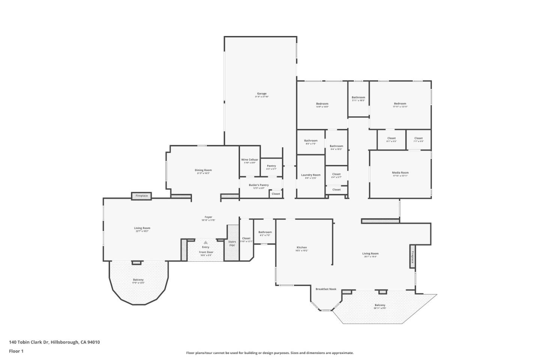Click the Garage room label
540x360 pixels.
261,94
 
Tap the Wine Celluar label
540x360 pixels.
249,160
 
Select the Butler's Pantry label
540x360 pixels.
259,185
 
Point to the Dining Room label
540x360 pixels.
203,170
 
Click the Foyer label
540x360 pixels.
208,217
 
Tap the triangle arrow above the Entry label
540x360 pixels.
205,243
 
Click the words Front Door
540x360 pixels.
206,252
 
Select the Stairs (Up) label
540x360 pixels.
232,243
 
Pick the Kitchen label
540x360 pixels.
301,247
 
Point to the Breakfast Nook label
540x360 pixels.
326,289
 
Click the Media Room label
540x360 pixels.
400,173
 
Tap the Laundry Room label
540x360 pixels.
310,175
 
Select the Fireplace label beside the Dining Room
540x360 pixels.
141,196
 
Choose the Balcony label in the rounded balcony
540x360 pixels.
138,280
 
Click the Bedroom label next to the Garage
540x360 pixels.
322,104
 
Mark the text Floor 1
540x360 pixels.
16,351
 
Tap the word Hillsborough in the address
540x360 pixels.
64,342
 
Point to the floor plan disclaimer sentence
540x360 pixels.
270,353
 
